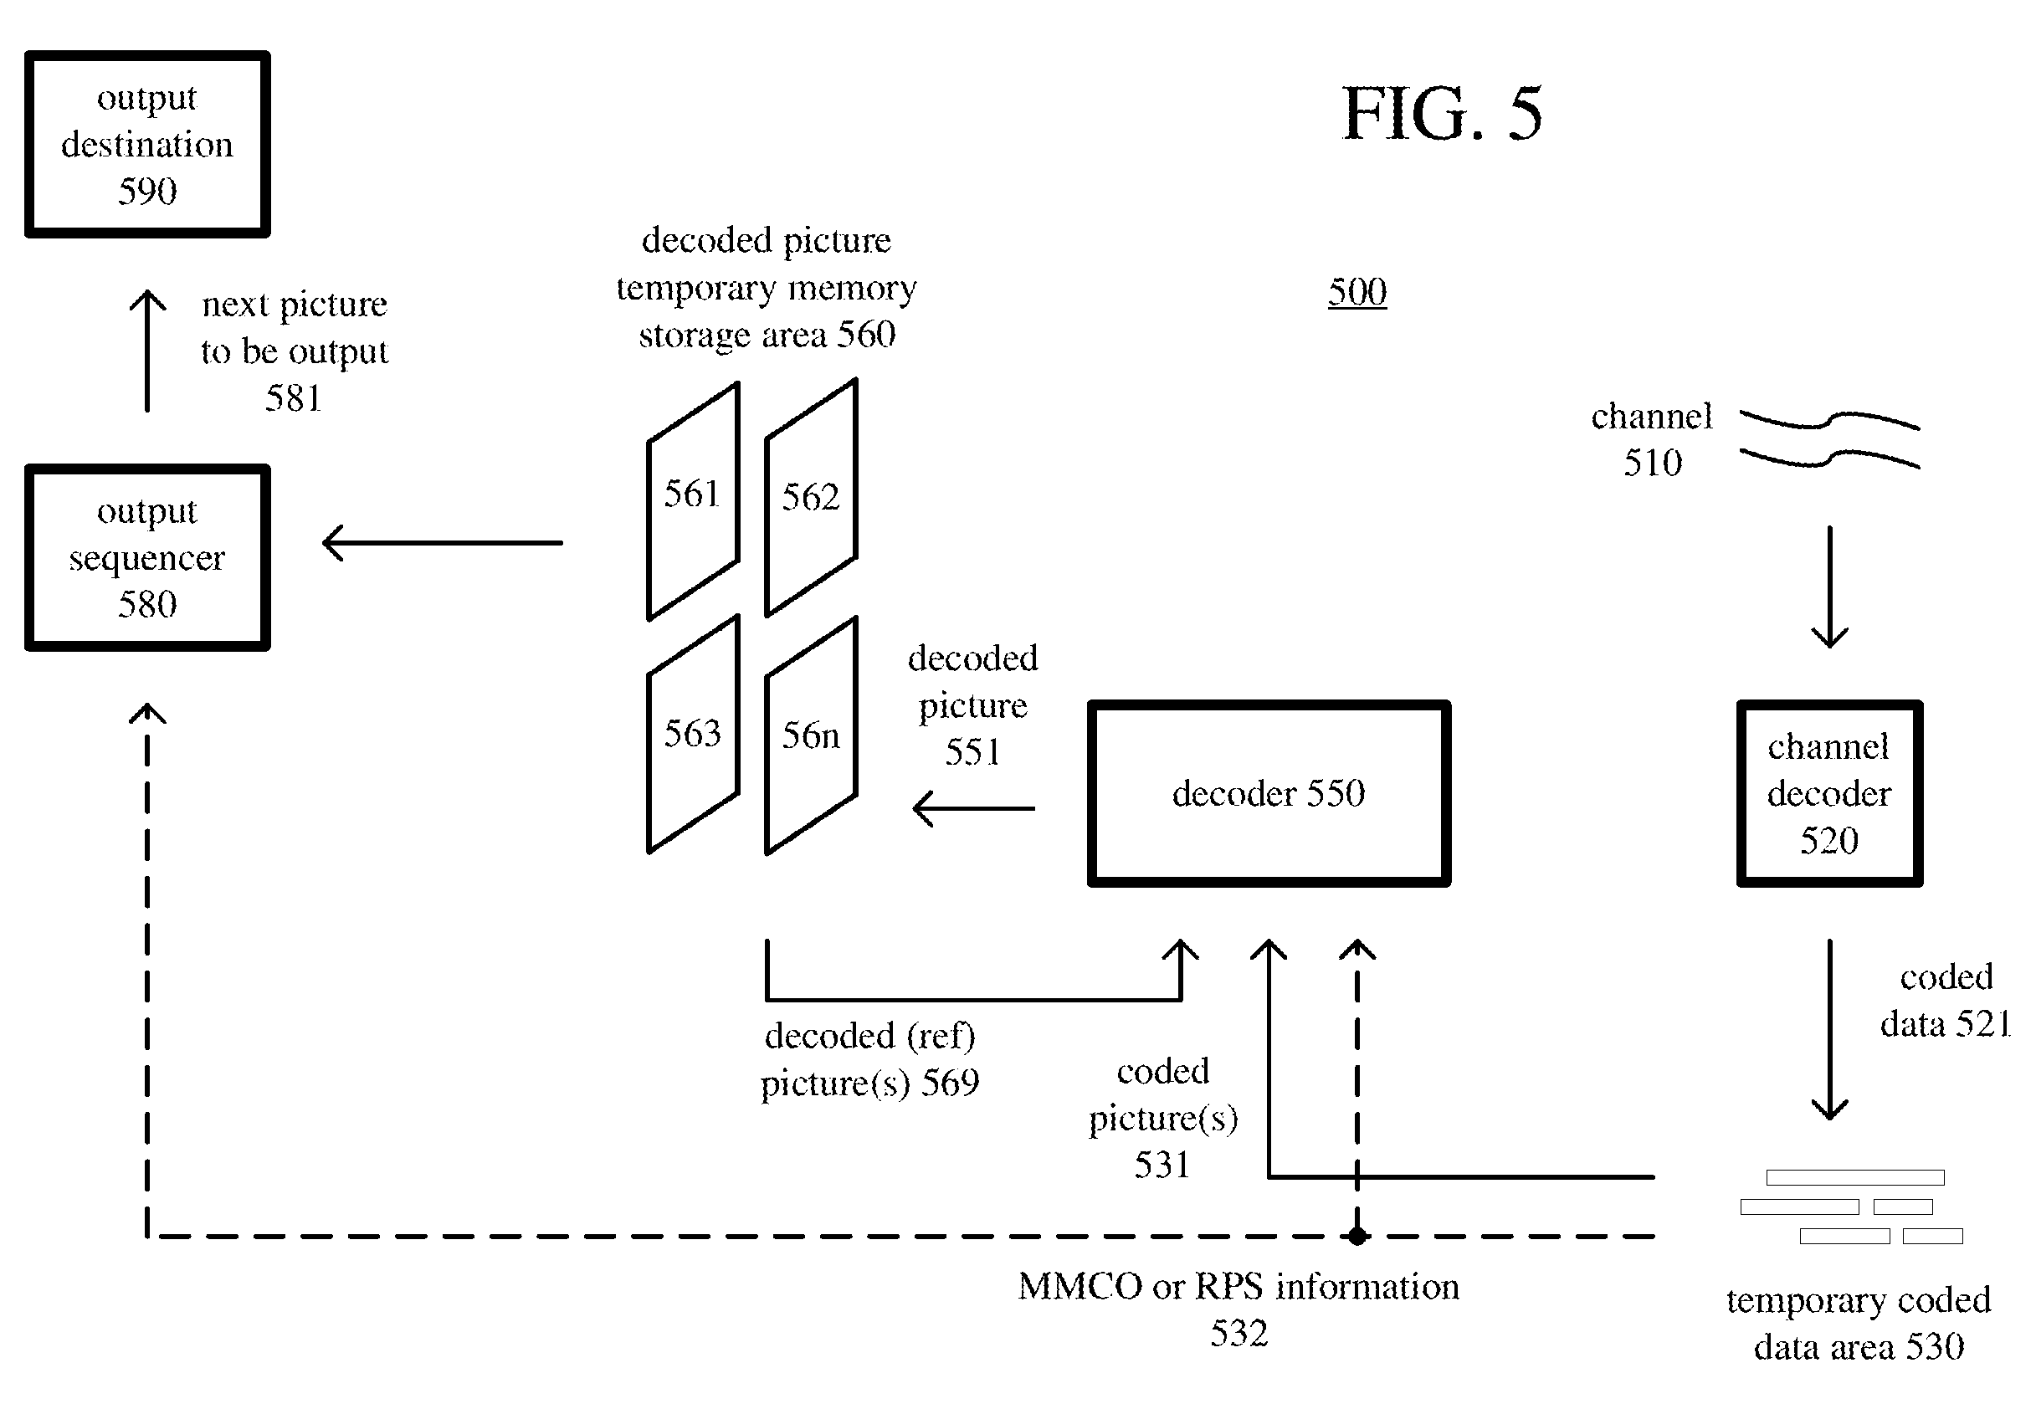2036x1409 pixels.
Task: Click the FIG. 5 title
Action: click(x=1442, y=114)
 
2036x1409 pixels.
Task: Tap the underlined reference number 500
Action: click(x=1357, y=291)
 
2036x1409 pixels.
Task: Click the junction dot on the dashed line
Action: click(x=1357, y=1236)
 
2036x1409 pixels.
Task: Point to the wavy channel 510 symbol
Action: click(x=1829, y=438)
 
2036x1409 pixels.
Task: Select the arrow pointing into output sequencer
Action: click(x=443, y=542)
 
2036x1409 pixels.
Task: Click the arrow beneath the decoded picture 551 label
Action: click(x=974, y=807)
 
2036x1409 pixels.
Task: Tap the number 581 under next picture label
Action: click(x=293, y=398)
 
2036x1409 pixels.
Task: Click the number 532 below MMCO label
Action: click(x=1239, y=1333)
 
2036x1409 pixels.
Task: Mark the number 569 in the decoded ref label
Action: click(x=950, y=1083)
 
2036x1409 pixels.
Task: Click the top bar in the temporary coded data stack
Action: click(x=1855, y=1176)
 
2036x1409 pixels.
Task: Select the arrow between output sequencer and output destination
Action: click(x=147, y=351)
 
